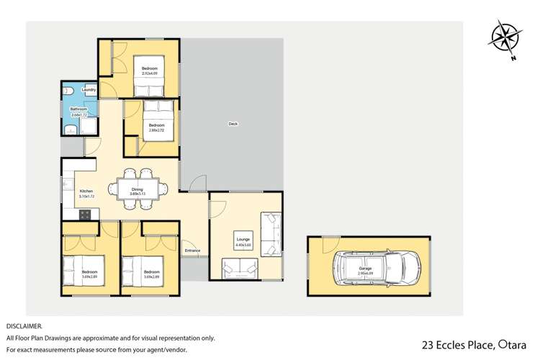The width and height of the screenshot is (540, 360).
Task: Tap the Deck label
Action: click(233, 124)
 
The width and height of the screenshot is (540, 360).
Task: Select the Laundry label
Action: click(89, 90)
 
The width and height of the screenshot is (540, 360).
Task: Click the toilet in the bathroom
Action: click(68, 92)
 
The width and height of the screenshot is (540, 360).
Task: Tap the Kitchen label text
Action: click(86, 192)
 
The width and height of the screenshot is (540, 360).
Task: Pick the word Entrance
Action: click(192, 251)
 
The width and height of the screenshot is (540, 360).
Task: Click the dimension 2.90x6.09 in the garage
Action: click(369, 274)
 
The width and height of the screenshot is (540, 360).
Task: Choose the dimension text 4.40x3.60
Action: click(243, 245)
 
